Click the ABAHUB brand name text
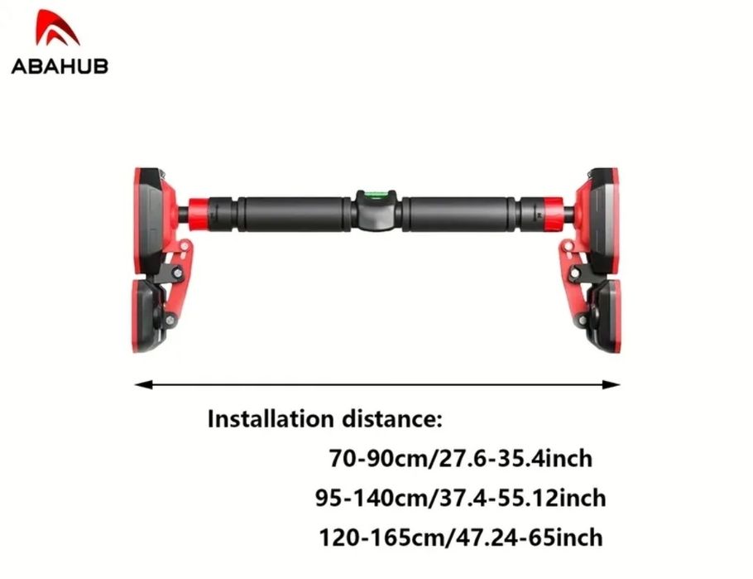[x=60, y=66]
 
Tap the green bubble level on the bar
[x=376, y=195]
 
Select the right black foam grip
[x=459, y=214]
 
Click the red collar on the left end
[x=198, y=214]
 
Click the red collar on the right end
[x=554, y=214]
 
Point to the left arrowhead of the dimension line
[x=143, y=384]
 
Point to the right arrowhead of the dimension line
[x=611, y=384]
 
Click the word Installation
[x=271, y=419]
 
